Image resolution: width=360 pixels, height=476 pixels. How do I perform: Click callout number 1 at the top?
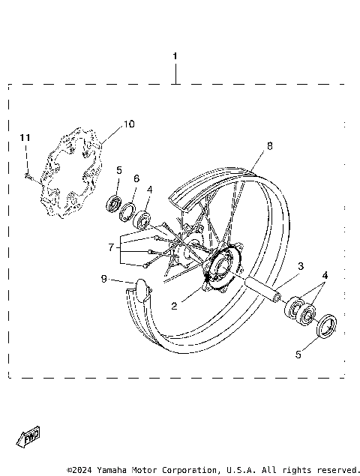click(175, 56)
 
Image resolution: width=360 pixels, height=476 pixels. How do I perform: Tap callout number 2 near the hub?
click(175, 305)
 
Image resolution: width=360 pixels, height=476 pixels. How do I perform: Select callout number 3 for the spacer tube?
click(299, 266)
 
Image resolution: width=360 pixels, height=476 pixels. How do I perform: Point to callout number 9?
click(104, 279)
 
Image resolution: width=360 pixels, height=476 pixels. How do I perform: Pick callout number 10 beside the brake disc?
click(129, 124)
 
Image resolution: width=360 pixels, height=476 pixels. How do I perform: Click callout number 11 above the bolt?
click(25, 137)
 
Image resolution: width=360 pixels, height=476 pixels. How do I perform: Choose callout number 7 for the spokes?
click(111, 246)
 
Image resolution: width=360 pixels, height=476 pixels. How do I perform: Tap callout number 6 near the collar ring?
click(136, 178)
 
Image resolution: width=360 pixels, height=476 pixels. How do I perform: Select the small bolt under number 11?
click(26, 177)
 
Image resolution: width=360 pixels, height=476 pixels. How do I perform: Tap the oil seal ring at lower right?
click(324, 326)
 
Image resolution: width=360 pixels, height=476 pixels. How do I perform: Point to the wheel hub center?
click(222, 266)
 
